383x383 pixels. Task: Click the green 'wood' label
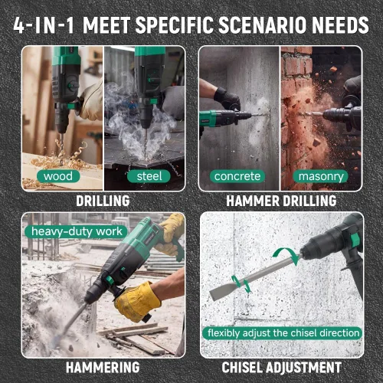[x=58, y=176]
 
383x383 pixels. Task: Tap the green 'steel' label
[x=149, y=176]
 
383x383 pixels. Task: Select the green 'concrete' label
[x=237, y=176]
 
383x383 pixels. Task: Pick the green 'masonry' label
[x=321, y=176]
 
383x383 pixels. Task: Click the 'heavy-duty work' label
[x=77, y=231]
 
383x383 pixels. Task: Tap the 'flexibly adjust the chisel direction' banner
[x=283, y=333]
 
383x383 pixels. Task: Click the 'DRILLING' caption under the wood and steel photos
[x=103, y=201]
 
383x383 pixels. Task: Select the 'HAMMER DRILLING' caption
[x=281, y=201]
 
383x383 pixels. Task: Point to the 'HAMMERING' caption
[x=103, y=368]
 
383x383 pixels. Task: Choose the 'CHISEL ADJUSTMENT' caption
[x=281, y=368]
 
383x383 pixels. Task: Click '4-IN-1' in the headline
[x=44, y=25]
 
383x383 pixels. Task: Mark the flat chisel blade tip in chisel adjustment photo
[x=211, y=296]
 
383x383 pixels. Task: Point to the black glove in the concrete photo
[x=228, y=99]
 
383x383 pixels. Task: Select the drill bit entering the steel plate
[x=146, y=143]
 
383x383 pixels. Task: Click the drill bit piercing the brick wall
[x=312, y=114]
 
